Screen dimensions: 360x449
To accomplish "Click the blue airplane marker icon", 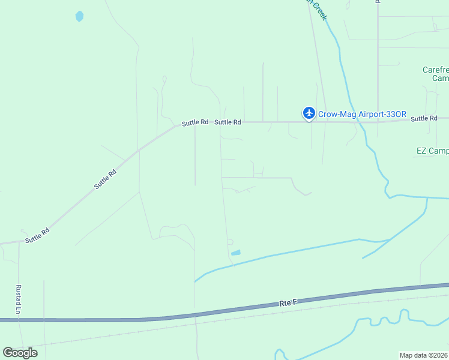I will click(309, 112).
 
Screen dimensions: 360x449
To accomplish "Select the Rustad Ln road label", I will click(19, 299).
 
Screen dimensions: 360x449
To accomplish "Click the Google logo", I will click(20, 352).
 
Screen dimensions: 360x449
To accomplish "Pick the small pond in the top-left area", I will click(79, 16).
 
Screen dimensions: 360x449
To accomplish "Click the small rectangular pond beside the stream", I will click(235, 253).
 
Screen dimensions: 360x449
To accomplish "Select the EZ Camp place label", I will click(432, 151).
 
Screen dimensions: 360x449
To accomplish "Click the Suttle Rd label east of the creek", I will click(424, 119).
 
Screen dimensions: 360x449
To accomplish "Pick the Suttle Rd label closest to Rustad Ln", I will click(37, 235).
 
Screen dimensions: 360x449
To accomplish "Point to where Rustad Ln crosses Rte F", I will click(19, 320).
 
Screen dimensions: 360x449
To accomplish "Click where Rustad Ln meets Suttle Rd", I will click(19, 242).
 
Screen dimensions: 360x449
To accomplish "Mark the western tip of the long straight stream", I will click(196, 281).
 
